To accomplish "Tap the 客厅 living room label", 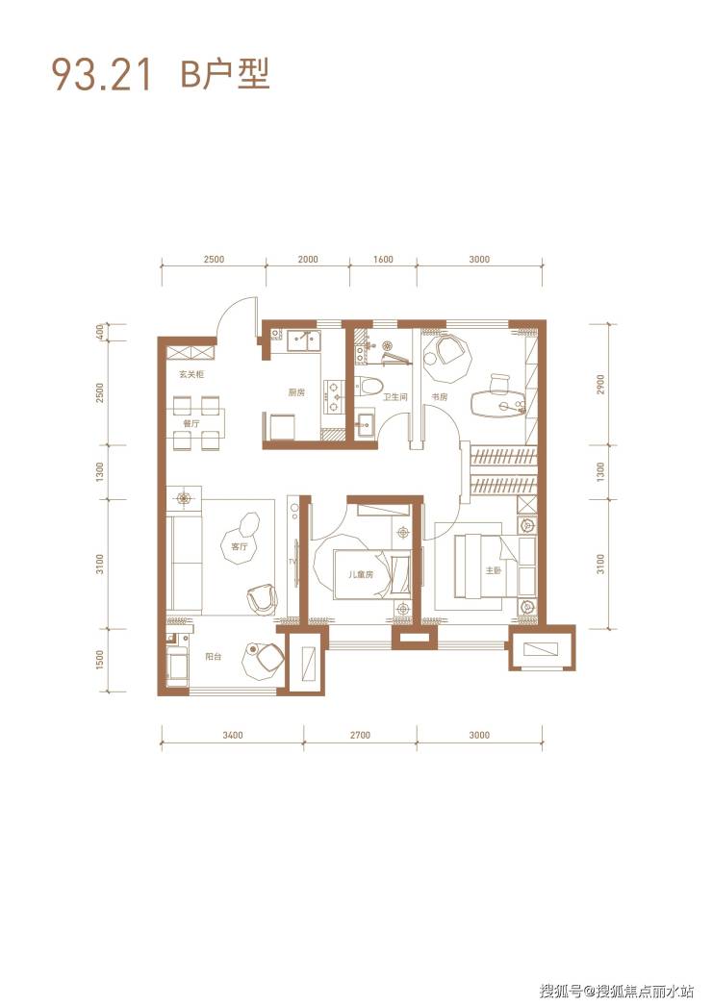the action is click(x=240, y=546).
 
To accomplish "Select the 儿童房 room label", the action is click(x=360, y=575).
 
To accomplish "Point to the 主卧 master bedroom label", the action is click(x=493, y=569).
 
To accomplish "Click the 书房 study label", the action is click(x=439, y=397).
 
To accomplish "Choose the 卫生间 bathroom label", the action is click(x=394, y=398).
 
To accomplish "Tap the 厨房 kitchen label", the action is click(x=296, y=393).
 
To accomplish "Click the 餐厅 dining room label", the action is click(x=191, y=423).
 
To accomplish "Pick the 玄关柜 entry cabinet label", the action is click(x=191, y=373).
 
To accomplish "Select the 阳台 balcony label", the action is click(x=214, y=656).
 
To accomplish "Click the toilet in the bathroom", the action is click(x=369, y=387).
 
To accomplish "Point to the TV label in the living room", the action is click(x=292, y=562).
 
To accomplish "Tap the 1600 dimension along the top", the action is click(x=383, y=260).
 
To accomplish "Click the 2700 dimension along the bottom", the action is click(x=360, y=735).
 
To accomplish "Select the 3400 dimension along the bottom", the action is click(x=233, y=735).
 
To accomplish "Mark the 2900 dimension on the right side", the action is click(x=600, y=385).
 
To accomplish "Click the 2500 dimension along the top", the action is click(x=214, y=260).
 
